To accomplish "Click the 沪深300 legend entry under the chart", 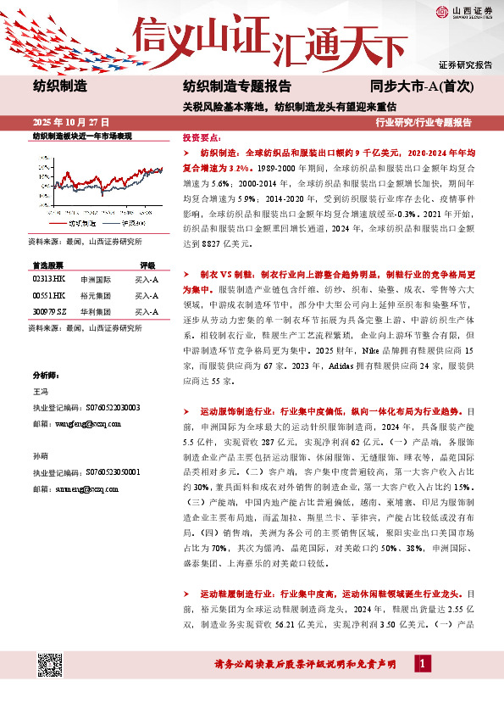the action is (134, 222).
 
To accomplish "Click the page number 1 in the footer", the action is (420, 688).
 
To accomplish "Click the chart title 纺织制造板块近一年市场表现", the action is (82, 136).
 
